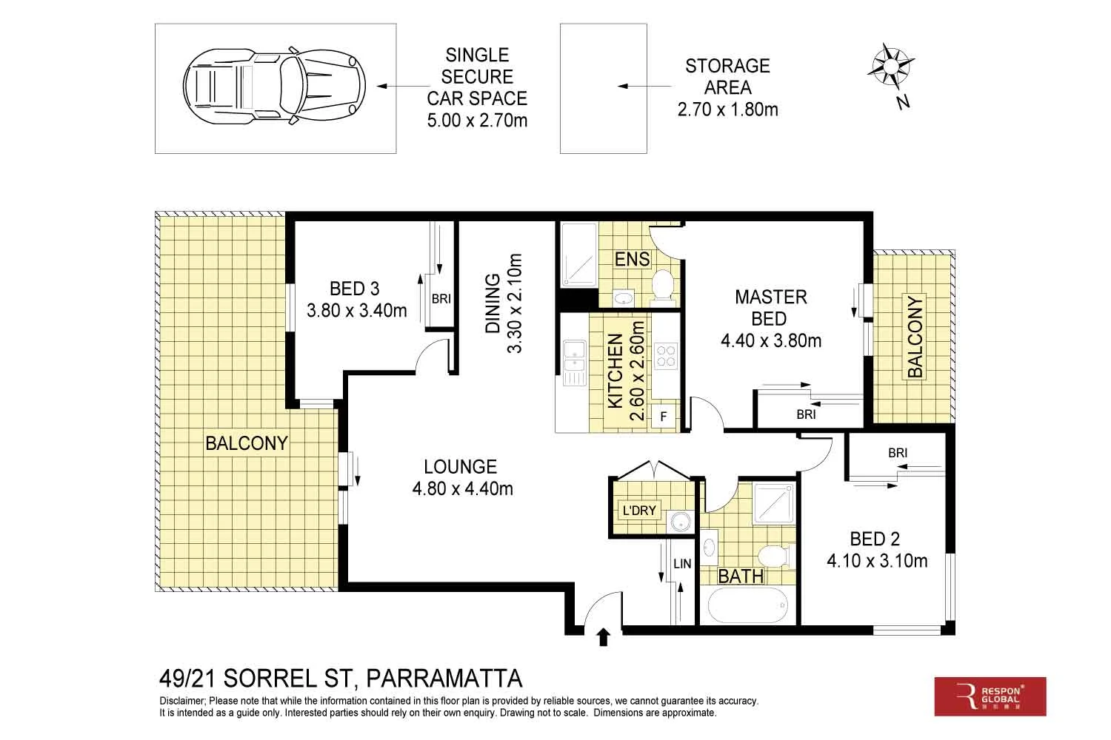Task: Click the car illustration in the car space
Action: tap(275, 87)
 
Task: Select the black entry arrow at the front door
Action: tap(603, 637)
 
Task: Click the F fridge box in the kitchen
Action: tap(664, 417)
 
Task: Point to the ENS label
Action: tap(632, 259)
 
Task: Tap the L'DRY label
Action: tap(638, 510)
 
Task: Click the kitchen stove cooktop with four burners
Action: tap(664, 355)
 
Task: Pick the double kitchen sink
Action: tap(573, 362)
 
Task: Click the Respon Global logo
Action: tap(990, 696)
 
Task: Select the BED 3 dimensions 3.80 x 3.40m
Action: tap(356, 311)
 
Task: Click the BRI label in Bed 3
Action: tap(441, 299)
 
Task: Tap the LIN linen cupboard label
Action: tap(682, 564)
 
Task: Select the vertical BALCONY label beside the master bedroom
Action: tap(915, 337)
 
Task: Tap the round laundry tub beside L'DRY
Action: tap(679, 522)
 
